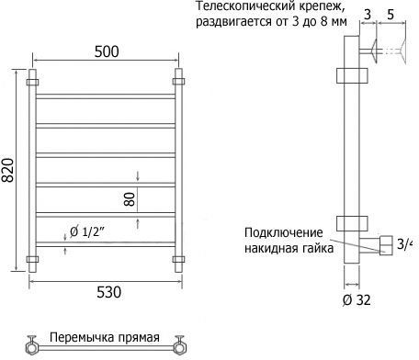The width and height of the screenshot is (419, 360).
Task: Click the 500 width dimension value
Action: click(107, 51)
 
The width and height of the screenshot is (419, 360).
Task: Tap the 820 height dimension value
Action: click(7, 170)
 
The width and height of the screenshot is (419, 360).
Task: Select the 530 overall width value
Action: click(108, 292)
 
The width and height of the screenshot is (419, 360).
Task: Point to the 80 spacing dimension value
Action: click(130, 199)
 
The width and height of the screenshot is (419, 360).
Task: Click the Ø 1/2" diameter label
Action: click(87, 232)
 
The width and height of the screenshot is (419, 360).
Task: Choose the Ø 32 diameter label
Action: click(357, 300)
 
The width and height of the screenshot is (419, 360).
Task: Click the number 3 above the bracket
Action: click(368, 15)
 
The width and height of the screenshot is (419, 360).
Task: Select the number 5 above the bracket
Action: click(391, 15)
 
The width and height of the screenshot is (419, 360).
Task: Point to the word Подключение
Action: click(284, 232)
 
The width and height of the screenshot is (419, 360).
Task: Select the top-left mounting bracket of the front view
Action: click(32, 82)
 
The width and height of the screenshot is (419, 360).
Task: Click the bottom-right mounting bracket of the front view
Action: click(178, 259)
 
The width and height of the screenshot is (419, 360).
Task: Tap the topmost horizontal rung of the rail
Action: click(106, 96)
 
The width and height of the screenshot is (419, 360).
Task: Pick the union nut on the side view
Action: click(387, 245)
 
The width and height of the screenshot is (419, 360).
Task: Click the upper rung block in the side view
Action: click(352, 75)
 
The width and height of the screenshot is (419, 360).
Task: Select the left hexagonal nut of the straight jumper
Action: click(31, 348)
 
